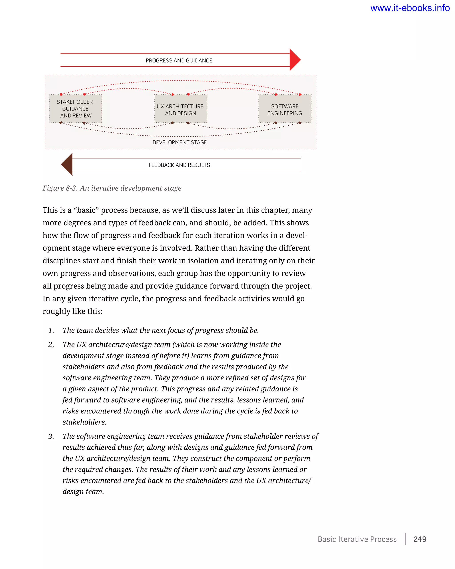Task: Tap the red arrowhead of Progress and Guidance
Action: [x=295, y=60]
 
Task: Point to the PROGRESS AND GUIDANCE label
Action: [x=179, y=61]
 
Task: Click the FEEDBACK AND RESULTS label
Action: [x=179, y=165]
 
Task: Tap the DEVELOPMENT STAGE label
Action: [x=180, y=142]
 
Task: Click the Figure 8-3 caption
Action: [x=112, y=188]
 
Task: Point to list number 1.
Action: [x=51, y=331]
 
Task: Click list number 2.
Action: [x=51, y=345]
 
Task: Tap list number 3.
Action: [x=51, y=436]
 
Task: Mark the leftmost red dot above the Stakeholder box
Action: [x=61, y=94]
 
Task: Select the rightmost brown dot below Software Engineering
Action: [x=300, y=123]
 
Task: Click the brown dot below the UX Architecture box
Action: [x=172, y=123]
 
